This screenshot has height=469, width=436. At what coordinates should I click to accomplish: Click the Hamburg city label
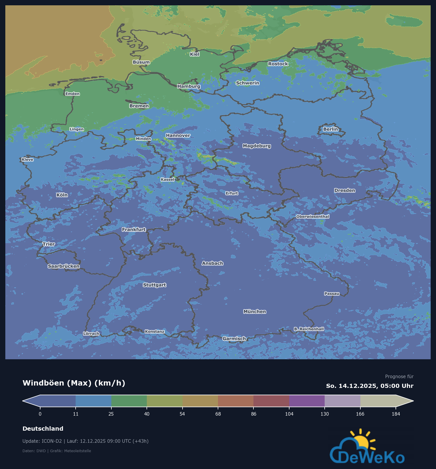pyautogui.click(x=189, y=86)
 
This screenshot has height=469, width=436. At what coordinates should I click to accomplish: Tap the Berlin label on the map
pyautogui.click(x=330, y=129)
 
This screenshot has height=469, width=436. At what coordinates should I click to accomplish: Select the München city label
pyautogui.click(x=255, y=311)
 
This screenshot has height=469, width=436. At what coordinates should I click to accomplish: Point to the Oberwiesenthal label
pyautogui.click(x=313, y=217)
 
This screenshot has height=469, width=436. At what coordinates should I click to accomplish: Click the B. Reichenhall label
pyautogui.click(x=309, y=329)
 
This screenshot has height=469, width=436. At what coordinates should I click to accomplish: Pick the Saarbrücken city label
pyautogui.click(x=64, y=266)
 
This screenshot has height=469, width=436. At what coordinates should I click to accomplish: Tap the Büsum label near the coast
pyautogui.click(x=141, y=62)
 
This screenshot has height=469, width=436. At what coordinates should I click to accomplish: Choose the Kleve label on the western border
pyautogui.click(x=27, y=160)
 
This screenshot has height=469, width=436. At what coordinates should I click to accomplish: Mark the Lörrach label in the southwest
pyautogui.click(x=91, y=334)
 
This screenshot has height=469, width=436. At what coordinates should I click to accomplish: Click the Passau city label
pyautogui.click(x=332, y=293)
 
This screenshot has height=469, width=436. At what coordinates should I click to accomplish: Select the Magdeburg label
pyautogui.click(x=256, y=146)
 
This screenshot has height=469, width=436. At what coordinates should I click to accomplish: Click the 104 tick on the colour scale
pyautogui.click(x=289, y=414)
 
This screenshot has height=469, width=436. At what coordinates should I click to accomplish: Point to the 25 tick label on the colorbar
pyautogui.click(x=111, y=414)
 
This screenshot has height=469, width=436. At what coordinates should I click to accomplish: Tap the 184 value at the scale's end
pyautogui.click(x=396, y=414)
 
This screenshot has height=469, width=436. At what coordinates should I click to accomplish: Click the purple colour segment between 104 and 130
pyautogui.click(x=307, y=401)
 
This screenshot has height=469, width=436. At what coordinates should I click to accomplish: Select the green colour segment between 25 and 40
pyautogui.click(x=129, y=401)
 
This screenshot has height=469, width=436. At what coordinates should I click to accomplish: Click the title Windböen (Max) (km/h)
pyautogui.click(x=74, y=383)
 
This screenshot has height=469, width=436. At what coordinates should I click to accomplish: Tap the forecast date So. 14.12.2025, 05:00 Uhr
pyautogui.click(x=370, y=386)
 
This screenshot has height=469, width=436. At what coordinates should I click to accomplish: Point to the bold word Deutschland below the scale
pyautogui.click(x=43, y=429)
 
